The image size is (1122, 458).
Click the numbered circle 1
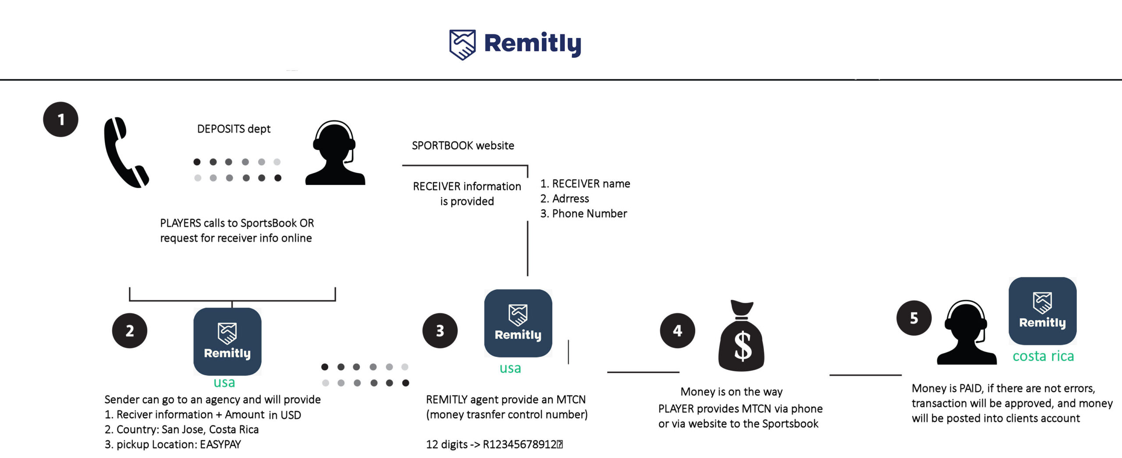pos(60,119)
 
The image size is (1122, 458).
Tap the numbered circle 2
pos(130,330)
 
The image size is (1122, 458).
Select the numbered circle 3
pos(440,330)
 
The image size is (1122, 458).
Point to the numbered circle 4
pos(678,330)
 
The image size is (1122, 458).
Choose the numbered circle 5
pos(914,318)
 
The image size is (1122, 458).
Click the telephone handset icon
pos(125,153)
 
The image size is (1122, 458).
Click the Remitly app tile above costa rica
pos(1042,311)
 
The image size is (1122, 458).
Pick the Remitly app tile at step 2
pos(227,341)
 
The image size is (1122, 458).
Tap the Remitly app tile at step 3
pos(518,323)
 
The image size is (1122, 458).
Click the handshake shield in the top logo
pos(462,44)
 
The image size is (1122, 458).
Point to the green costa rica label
pos(1043,356)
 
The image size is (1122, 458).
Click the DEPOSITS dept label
pos(234,129)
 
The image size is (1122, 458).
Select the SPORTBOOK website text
pos(463,146)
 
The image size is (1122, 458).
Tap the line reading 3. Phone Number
pos(583,213)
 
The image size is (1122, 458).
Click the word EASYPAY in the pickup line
pos(220,444)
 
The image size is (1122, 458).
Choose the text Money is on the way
pos(731,391)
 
